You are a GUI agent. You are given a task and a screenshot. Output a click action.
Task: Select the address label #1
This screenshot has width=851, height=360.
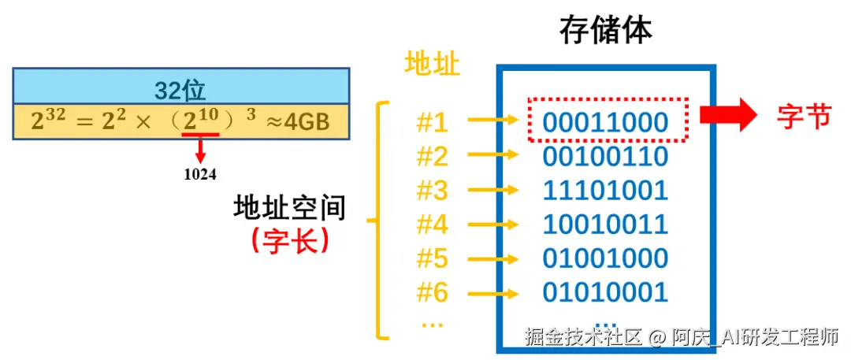(432, 122)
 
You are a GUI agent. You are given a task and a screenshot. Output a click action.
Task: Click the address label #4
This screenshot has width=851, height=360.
(432, 225)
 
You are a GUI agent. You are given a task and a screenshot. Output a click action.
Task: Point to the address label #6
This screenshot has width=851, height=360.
(432, 292)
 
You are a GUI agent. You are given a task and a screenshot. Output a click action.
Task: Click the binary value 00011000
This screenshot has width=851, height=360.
(605, 122)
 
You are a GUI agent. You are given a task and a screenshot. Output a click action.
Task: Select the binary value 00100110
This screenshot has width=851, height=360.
(605, 157)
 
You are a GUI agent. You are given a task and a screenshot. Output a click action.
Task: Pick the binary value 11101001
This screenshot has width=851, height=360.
(605, 191)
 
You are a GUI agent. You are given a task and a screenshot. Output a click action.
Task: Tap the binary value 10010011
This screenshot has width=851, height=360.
(605, 225)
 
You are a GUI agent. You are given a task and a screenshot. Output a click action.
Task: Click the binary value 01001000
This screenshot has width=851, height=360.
(605, 258)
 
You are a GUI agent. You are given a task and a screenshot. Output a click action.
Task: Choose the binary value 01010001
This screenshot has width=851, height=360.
(605, 292)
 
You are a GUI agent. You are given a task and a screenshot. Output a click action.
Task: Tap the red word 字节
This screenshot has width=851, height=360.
(804, 117)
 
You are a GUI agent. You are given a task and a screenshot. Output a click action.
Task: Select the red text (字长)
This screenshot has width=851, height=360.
(290, 241)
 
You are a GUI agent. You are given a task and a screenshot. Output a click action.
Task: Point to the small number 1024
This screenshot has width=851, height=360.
(200, 175)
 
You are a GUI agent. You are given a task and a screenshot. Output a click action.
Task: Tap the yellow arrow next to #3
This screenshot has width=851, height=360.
(492, 191)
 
